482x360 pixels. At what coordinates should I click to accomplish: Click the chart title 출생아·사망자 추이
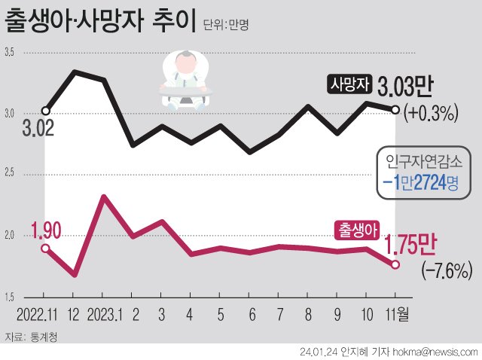[x=101, y=20]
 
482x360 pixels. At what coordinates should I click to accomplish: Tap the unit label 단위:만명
[x=226, y=25]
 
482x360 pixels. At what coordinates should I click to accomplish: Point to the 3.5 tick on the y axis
[x=10, y=52]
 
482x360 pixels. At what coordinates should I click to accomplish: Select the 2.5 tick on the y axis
[x=10, y=175]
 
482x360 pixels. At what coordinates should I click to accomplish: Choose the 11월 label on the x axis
[x=398, y=313]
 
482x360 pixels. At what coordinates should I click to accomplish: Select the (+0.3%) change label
[x=432, y=114]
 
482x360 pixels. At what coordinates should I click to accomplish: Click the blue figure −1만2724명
[x=419, y=182]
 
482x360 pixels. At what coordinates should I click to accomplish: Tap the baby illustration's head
[x=184, y=63]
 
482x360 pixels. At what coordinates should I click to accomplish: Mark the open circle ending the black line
[x=395, y=109]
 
